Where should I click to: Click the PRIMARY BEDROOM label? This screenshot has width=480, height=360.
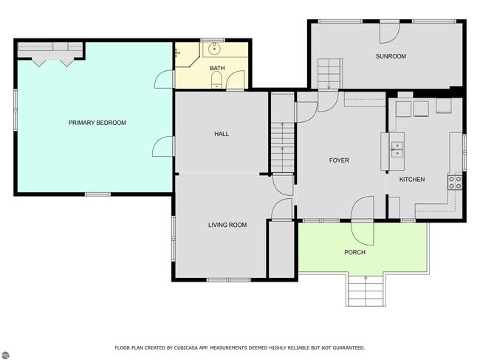tap(97, 123)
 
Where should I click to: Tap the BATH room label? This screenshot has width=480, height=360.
tap(217, 68)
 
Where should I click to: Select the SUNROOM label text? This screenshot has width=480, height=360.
tap(391, 56)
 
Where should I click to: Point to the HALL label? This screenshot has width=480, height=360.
tap(222, 134)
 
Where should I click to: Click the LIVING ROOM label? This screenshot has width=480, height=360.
tap(227, 225)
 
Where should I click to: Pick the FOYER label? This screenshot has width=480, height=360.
tap(339, 160)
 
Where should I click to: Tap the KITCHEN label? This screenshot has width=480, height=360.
tap(412, 180)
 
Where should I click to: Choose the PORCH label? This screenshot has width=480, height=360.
tap(354, 253)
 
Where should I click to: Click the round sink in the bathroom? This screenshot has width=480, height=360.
tap(214, 48)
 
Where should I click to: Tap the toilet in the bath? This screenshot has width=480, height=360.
tap(216, 80)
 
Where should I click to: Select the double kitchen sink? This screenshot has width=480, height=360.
tap(397, 149)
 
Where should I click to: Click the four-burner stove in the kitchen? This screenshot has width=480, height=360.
tap(455, 183)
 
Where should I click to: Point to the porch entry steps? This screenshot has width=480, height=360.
tap(366, 291)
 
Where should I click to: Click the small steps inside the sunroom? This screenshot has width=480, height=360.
tap(329, 73)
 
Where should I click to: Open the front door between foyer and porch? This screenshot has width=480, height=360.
tap(362, 220)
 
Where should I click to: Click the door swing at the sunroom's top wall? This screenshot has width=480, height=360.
tap(389, 33)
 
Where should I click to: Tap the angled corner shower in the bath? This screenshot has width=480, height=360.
tap(187, 54)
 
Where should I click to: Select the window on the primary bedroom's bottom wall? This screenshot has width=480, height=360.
tap(97, 194)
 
